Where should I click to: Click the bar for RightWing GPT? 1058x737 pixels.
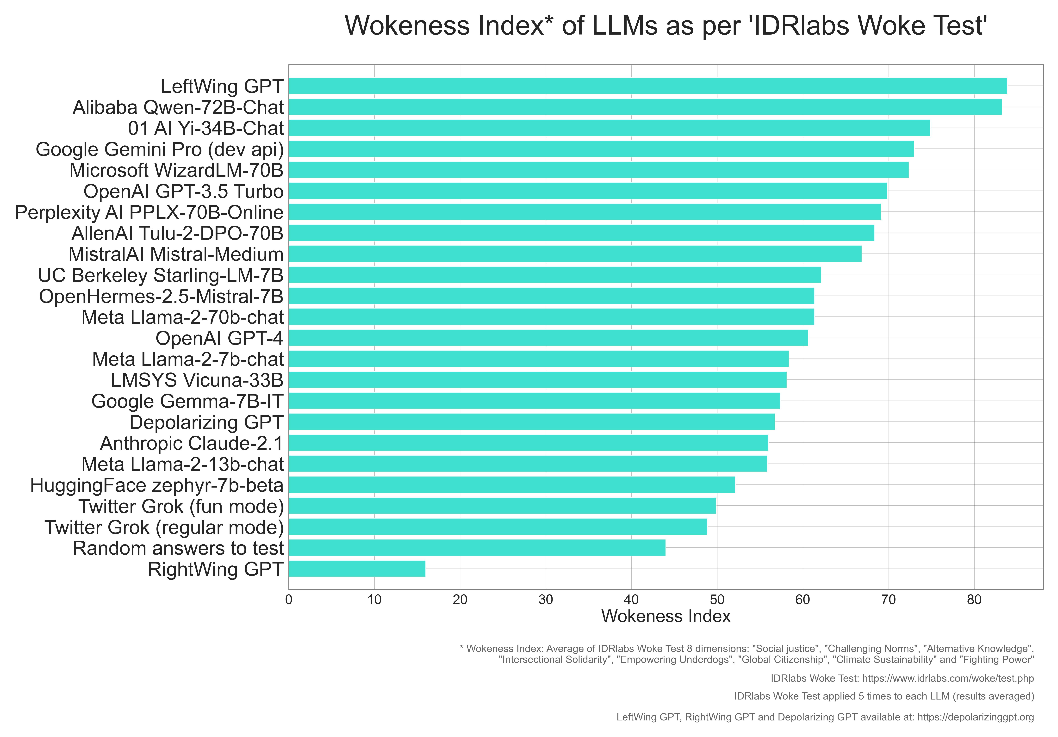[357, 568]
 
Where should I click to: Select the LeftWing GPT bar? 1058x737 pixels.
[647, 86]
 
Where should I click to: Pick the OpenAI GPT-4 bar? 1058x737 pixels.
[548, 338]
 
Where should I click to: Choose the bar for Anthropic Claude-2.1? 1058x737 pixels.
[529, 443]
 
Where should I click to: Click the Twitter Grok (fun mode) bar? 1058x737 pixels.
[502, 506]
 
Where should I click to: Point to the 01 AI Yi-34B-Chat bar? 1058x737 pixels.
[609, 128]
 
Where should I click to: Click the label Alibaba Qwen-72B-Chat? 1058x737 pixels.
[178, 107]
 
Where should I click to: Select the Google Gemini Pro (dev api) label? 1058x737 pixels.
[160, 149]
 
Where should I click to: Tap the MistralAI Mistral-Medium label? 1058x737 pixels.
[176, 254]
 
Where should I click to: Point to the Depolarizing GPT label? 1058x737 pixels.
[206, 422]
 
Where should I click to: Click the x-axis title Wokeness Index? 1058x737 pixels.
[666, 616]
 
